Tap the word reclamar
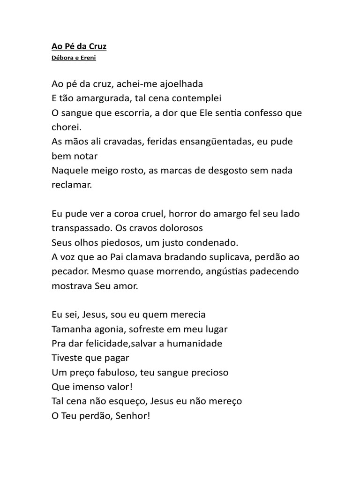72,185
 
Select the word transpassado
80,228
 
